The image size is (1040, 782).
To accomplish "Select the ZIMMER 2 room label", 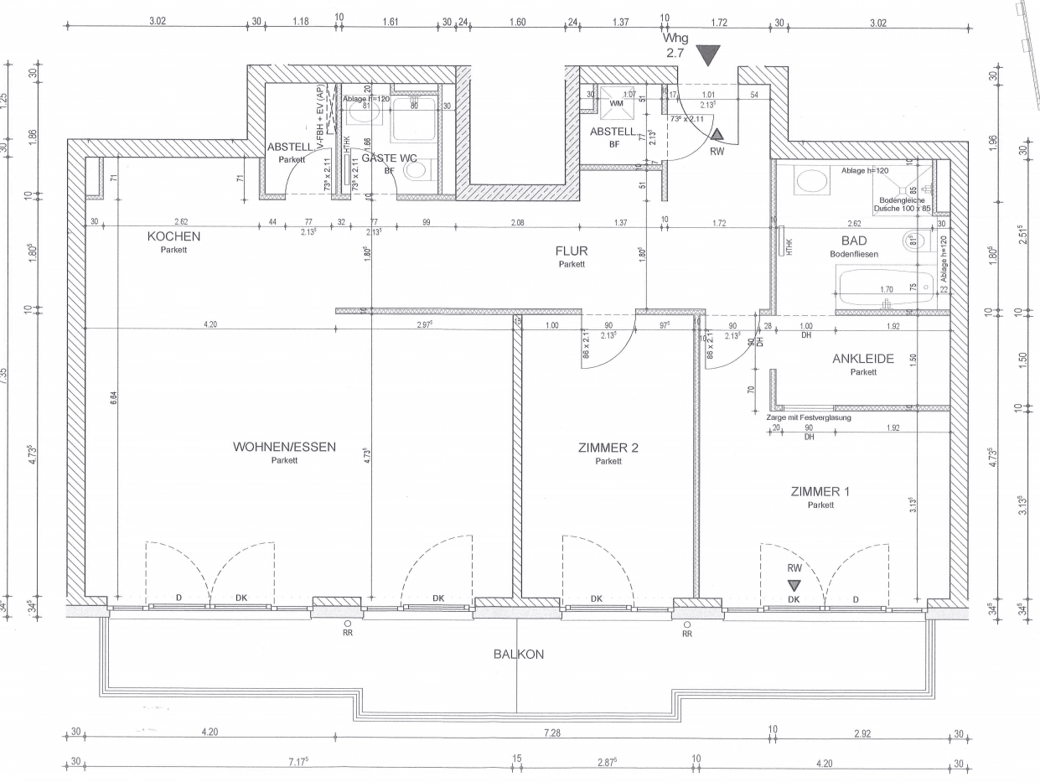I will (x=609, y=448).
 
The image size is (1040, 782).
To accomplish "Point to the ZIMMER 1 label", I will (x=820, y=492).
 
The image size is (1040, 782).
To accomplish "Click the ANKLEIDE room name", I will (x=862, y=359).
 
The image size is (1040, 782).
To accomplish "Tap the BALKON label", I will (x=518, y=655).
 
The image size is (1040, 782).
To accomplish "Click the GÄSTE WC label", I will (x=389, y=158).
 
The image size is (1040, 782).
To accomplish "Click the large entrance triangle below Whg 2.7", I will (x=710, y=56).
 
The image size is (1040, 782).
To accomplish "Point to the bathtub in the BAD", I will (x=885, y=287).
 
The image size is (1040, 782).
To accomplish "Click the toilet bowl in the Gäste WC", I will (x=415, y=171).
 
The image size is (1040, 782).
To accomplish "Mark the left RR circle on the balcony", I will (x=348, y=624).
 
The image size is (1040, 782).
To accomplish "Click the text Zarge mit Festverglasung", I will (x=809, y=417).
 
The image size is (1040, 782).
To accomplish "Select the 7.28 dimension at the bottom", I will (x=551, y=733).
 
